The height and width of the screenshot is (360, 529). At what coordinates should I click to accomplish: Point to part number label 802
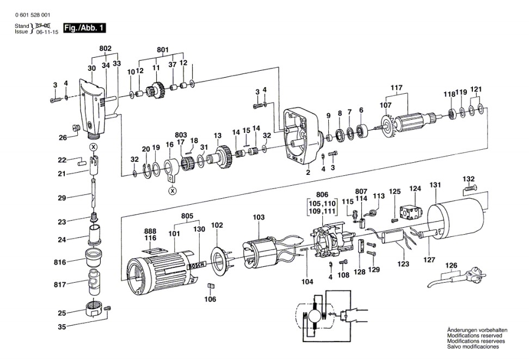(x=106, y=48)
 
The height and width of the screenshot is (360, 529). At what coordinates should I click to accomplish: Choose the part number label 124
(x=415, y=189)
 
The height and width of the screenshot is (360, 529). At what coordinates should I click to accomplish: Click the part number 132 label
(x=469, y=179)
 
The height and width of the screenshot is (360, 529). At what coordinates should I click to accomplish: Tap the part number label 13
(x=218, y=135)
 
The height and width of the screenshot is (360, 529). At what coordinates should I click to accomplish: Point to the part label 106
(x=210, y=299)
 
